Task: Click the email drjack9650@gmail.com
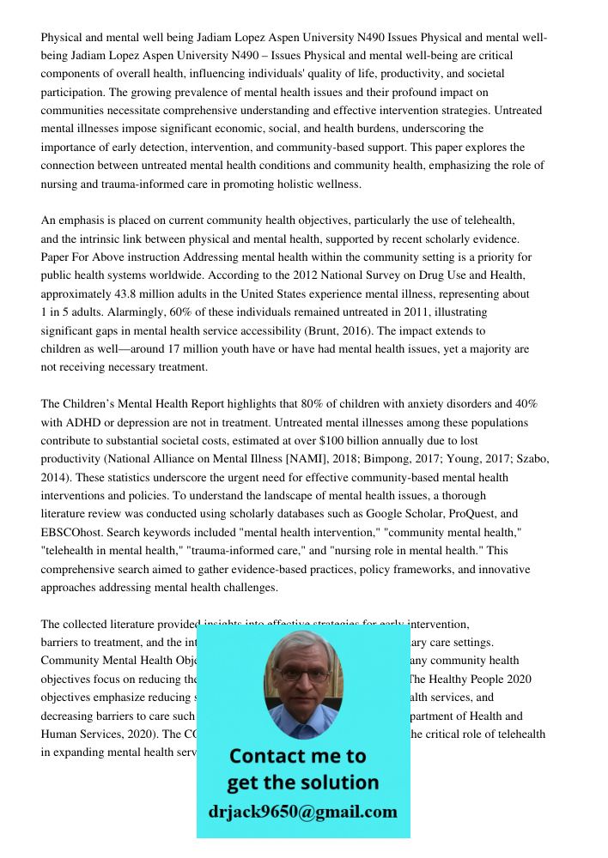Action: [x=302, y=812]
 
